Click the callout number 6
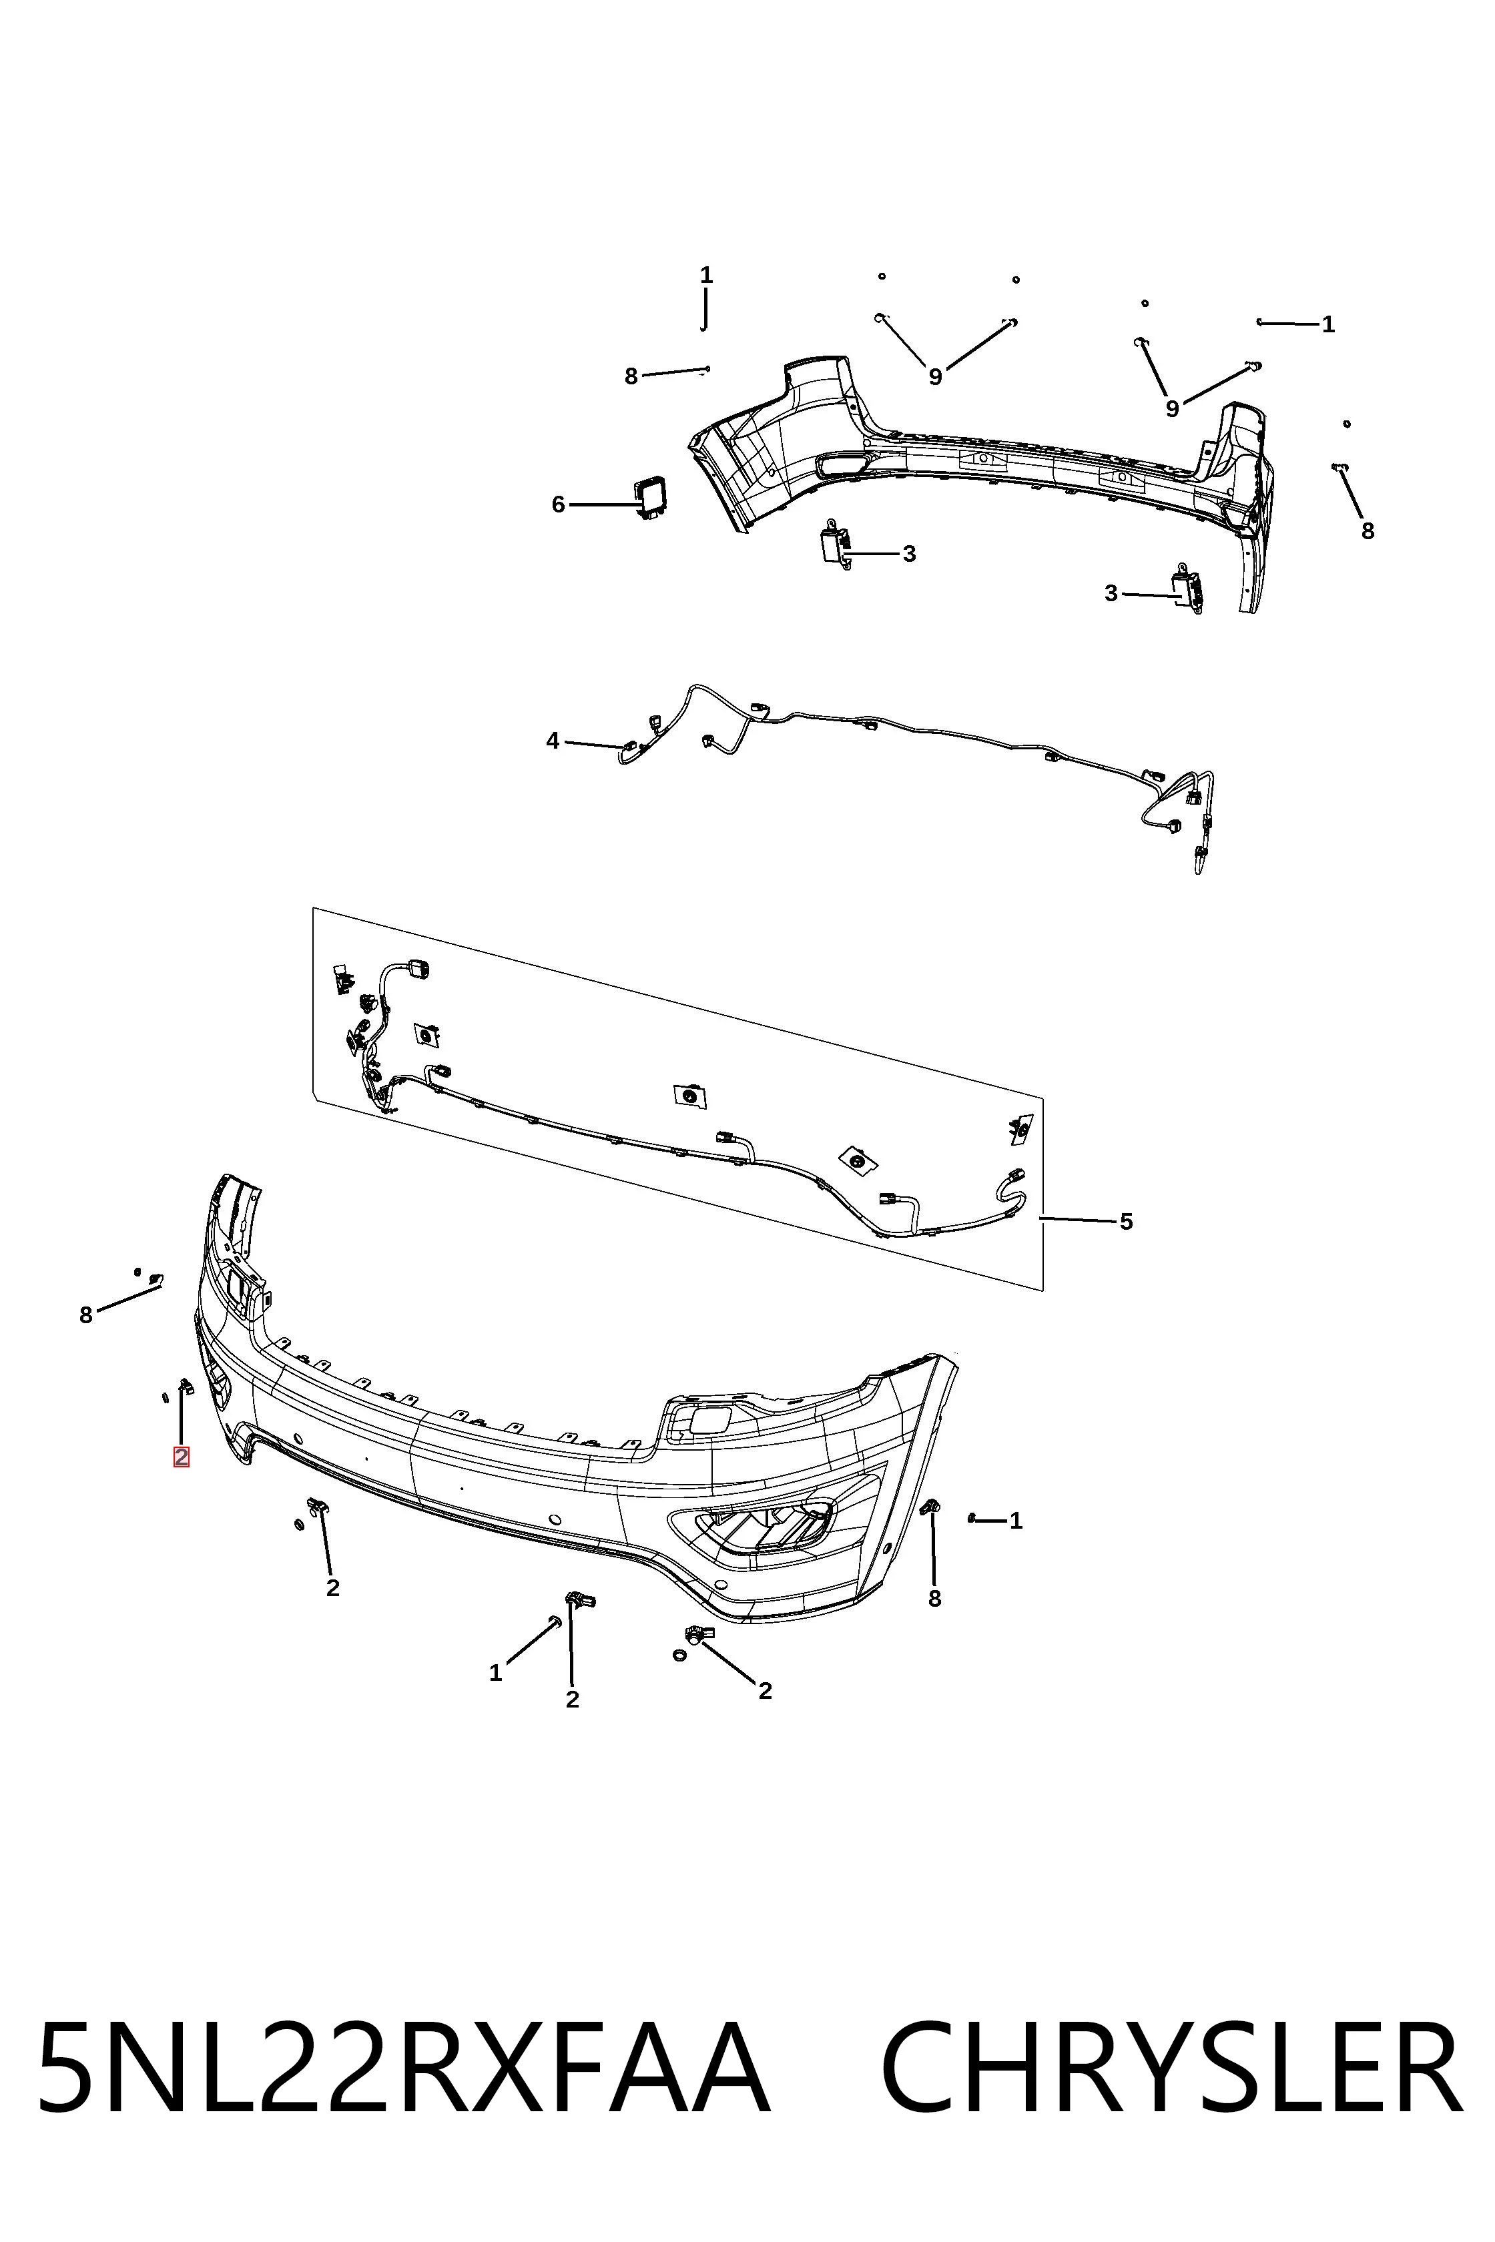[558, 504]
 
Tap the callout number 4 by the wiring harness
[553, 741]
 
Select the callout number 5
[1126, 1221]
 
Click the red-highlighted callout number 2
[181, 1457]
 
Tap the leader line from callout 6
[603, 504]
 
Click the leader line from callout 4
[595, 743]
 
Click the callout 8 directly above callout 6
[631, 376]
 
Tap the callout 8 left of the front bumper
[86, 1315]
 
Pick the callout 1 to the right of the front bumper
[1016, 1521]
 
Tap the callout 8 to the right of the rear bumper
[1368, 531]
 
